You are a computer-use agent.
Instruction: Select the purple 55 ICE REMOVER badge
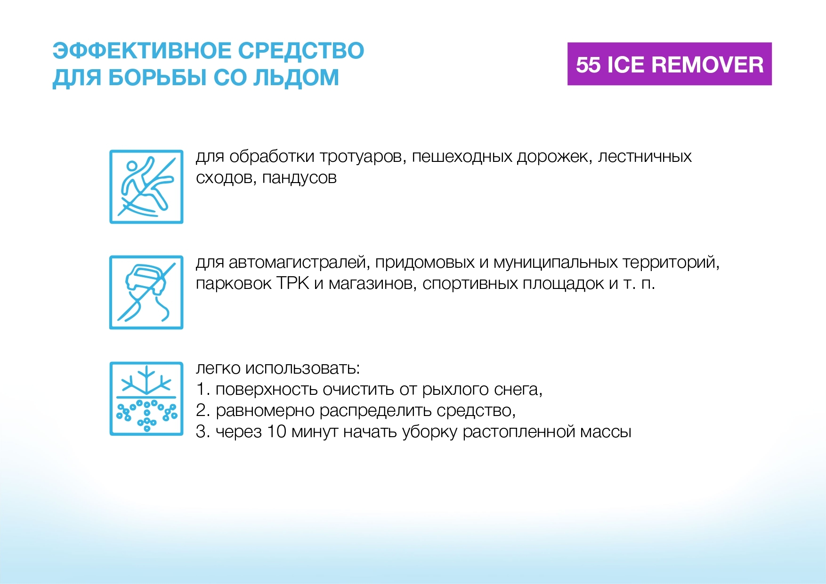[669, 64]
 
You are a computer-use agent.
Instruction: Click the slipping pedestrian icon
[146, 187]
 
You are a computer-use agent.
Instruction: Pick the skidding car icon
[146, 292]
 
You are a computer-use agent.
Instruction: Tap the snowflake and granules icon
[146, 399]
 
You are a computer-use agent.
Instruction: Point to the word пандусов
[300, 178]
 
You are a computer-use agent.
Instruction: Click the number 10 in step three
[277, 432]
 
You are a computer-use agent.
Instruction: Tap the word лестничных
[645, 157]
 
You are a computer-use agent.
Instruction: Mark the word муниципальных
[555, 263]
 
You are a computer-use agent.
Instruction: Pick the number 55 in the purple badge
[588, 64]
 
